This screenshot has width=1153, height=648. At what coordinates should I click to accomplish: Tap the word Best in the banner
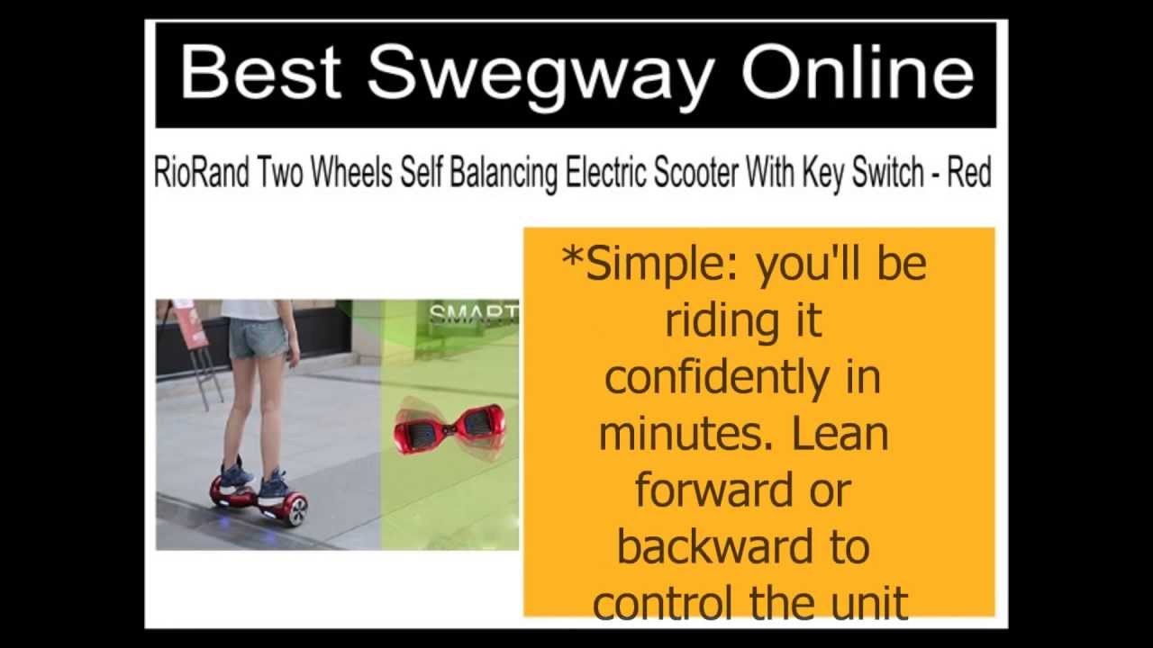click(x=260, y=71)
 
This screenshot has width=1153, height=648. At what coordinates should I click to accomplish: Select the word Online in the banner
click(x=857, y=71)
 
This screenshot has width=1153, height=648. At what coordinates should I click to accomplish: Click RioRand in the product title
click(x=201, y=172)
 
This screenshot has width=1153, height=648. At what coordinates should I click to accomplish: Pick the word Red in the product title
click(x=969, y=172)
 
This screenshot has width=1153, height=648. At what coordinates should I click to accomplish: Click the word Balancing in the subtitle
click(x=503, y=173)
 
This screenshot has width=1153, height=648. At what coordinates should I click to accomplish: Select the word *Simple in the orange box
click(x=651, y=264)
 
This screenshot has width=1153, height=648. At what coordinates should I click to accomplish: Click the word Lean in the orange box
click(x=840, y=434)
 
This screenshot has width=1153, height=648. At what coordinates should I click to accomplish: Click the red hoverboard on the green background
click(x=449, y=428)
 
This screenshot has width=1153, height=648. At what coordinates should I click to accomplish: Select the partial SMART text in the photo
click(x=473, y=314)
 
